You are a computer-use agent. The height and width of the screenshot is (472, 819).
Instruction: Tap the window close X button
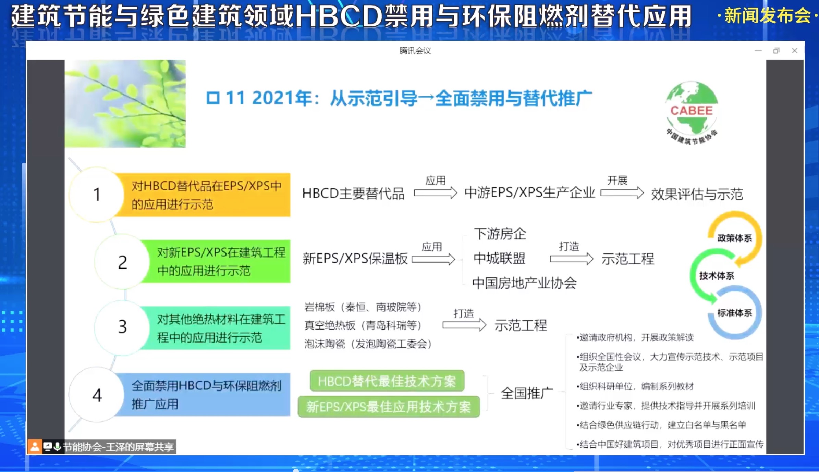click(x=795, y=51)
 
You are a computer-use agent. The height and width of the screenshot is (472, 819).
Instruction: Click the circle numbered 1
click(x=97, y=195)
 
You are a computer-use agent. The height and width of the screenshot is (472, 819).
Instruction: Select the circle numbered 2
click(x=122, y=262)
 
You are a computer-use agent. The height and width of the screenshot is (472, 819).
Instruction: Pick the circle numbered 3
click(x=122, y=327)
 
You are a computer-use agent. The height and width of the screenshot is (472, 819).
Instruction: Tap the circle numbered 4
click(x=97, y=395)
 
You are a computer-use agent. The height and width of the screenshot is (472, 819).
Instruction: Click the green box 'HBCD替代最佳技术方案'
click(x=387, y=381)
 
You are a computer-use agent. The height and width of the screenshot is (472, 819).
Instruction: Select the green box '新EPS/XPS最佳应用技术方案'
click(x=389, y=407)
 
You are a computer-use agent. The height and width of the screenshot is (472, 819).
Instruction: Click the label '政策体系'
click(x=734, y=238)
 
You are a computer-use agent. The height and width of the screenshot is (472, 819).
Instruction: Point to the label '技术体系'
click(x=717, y=275)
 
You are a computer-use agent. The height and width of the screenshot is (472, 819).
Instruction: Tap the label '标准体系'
click(x=734, y=313)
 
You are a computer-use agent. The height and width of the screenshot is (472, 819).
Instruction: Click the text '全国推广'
click(x=527, y=393)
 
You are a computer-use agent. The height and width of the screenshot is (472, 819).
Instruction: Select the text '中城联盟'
click(x=499, y=258)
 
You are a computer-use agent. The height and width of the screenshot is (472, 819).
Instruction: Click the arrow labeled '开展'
click(x=622, y=193)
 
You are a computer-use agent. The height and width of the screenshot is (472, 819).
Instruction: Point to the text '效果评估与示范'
click(x=697, y=194)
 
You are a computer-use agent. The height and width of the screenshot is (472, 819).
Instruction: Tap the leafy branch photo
click(x=125, y=104)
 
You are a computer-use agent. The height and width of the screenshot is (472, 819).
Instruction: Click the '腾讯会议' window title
click(x=415, y=51)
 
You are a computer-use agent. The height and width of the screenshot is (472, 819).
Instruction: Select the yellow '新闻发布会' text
click(x=768, y=16)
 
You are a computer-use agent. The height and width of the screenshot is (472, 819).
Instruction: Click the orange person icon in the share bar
click(x=35, y=447)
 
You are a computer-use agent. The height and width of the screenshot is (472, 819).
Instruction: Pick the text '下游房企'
click(x=500, y=234)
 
